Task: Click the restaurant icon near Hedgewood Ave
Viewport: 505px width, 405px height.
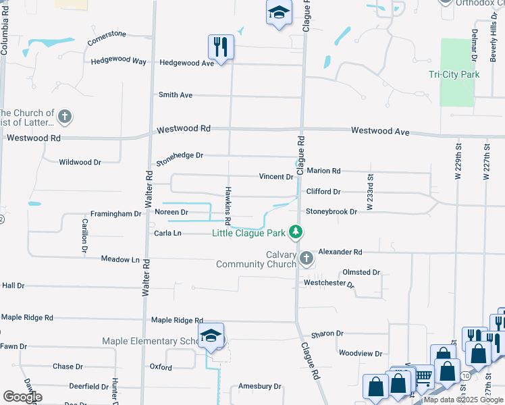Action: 221,47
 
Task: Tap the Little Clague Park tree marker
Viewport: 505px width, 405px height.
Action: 295,232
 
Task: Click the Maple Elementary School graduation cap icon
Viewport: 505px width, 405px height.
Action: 211,335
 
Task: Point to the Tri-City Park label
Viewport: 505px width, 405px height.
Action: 454,74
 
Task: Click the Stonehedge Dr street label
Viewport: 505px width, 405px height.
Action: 180,159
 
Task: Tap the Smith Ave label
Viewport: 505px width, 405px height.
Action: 176,95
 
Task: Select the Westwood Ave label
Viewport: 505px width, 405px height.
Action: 380,132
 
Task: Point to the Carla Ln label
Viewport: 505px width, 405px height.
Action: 168,233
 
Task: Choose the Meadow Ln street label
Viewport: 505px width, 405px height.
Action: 120,259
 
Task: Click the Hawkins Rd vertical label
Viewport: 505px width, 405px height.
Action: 228,205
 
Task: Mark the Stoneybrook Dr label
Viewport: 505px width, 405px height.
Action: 331,212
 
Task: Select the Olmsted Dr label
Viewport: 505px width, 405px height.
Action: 361,272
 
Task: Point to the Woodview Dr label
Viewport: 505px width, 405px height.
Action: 360,353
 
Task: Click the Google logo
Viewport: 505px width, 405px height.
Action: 22,396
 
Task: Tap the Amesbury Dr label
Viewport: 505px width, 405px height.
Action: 259,386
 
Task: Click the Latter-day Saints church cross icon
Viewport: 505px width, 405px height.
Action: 65,117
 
